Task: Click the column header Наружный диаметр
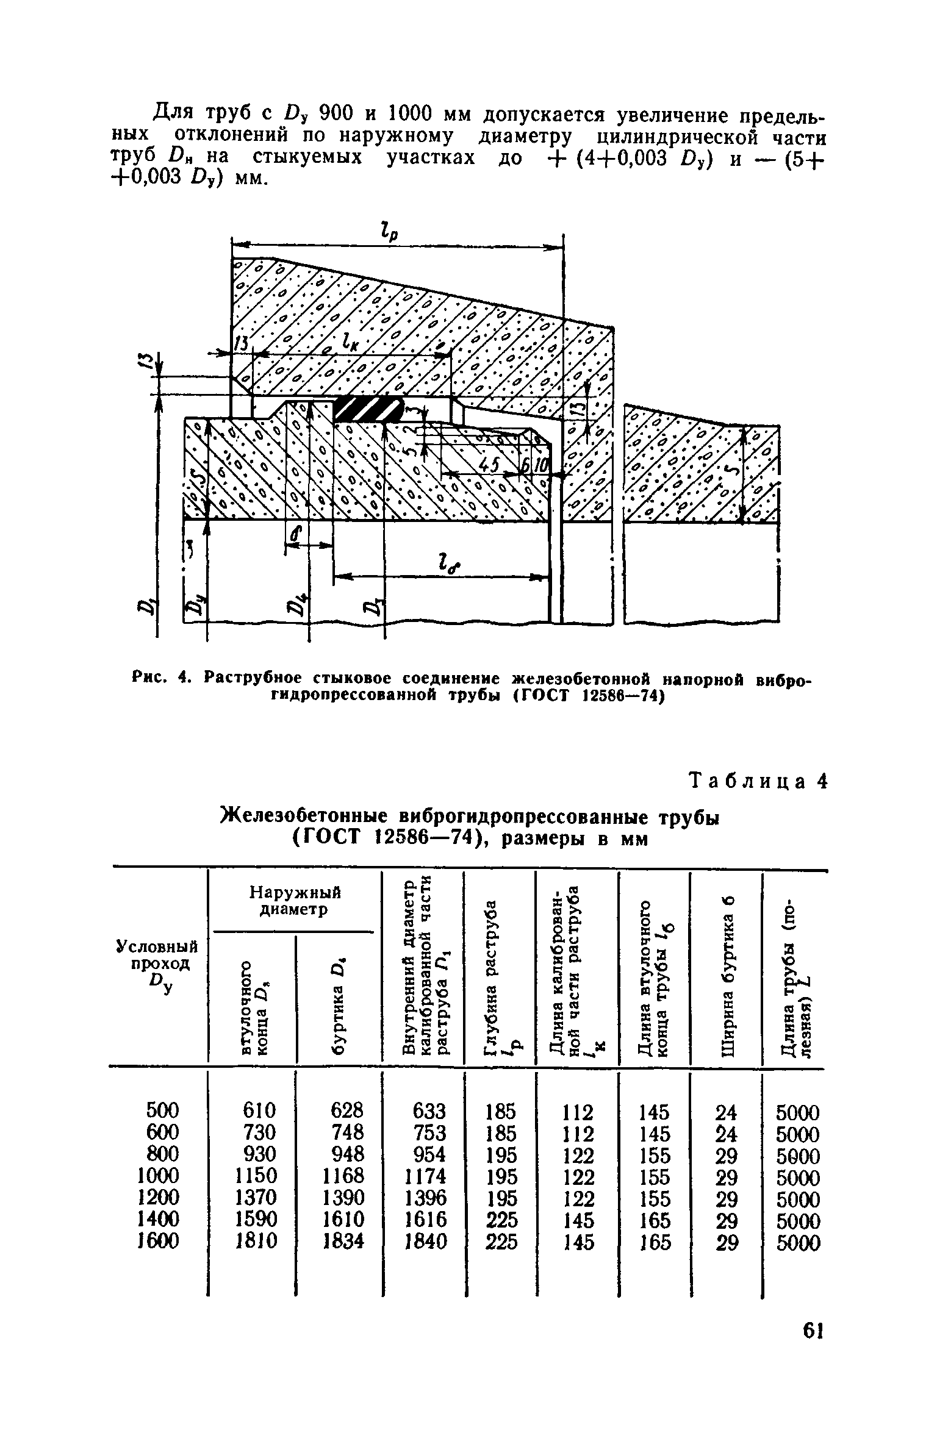click(x=295, y=901)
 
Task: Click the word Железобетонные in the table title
click(x=304, y=816)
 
